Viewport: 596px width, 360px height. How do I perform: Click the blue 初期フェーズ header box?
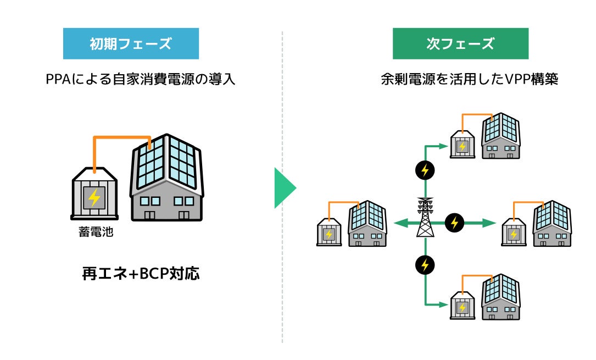[131, 43]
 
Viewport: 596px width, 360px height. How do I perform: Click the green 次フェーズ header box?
[460, 43]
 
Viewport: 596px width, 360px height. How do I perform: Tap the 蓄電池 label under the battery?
[96, 231]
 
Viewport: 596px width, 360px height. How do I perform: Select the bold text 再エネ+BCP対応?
[141, 273]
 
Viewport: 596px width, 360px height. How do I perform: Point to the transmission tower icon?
[425, 217]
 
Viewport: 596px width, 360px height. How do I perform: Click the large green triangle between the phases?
[285, 188]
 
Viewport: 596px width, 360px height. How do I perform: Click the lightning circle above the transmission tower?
[425, 170]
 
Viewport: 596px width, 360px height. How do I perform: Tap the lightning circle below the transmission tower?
[425, 264]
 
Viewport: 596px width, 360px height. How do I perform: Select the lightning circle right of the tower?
[454, 223]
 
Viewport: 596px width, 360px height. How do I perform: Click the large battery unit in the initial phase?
[94, 193]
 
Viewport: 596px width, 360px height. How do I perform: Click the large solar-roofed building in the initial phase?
[166, 178]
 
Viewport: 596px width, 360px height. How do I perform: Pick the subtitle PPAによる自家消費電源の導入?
[140, 79]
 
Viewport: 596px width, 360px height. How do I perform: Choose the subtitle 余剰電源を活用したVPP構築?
[470, 79]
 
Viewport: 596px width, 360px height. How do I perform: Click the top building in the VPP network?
[500, 136]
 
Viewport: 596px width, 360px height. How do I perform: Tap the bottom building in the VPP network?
[500, 297]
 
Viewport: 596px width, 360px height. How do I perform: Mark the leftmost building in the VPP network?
[367, 224]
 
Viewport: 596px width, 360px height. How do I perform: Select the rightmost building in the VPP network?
[552, 224]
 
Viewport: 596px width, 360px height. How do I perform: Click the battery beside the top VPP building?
[462, 145]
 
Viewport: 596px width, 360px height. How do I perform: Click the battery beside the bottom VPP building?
[462, 306]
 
